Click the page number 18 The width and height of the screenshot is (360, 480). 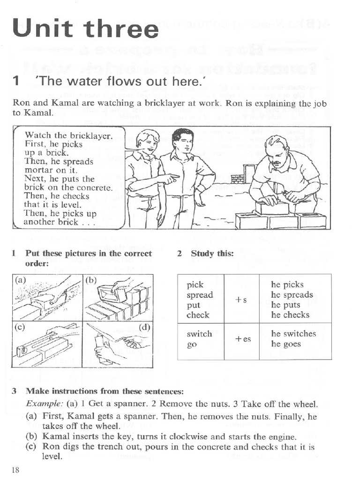(x=15, y=470)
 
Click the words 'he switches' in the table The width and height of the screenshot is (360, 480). (x=293, y=334)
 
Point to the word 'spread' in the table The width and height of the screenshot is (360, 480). (x=199, y=295)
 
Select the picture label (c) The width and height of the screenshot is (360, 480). (x=20, y=327)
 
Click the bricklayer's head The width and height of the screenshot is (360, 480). (x=276, y=151)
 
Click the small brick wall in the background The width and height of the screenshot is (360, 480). (x=243, y=174)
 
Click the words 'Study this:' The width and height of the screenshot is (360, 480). (x=212, y=254)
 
